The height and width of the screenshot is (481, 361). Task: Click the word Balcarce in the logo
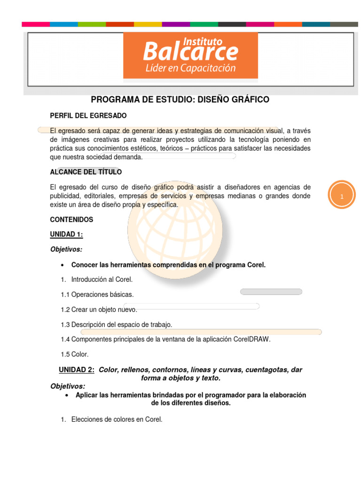coord(190,51)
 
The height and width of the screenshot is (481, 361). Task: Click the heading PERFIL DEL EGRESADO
coord(88,116)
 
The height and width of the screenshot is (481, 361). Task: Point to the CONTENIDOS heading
coord(71,219)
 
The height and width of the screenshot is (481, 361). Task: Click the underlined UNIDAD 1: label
coord(66,234)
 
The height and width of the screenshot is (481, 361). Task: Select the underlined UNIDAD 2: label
coord(77,370)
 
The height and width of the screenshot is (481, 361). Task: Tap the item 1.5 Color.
coord(75,354)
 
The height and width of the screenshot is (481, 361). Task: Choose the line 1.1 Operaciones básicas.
coord(97,295)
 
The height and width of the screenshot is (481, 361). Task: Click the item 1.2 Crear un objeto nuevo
coord(99,310)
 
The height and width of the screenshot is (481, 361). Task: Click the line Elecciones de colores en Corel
coord(117,419)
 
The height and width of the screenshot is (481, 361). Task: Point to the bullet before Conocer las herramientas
coord(63,265)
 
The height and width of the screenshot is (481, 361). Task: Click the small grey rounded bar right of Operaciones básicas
coord(271,292)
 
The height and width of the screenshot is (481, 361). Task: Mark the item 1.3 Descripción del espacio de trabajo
coord(117,325)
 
